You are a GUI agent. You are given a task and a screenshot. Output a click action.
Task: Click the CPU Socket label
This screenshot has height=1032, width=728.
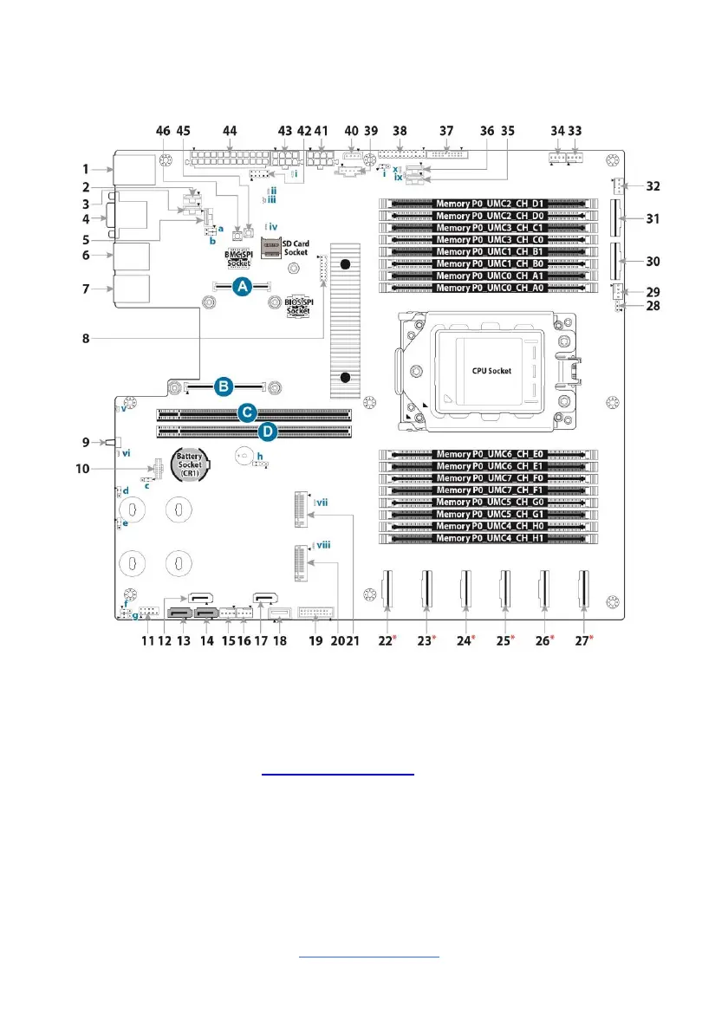point(491,371)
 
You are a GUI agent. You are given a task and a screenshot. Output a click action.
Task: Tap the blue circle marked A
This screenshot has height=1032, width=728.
point(242,285)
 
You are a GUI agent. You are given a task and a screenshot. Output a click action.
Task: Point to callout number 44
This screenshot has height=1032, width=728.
point(230,131)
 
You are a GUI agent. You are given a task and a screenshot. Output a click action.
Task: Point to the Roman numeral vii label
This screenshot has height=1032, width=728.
point(322,502)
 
